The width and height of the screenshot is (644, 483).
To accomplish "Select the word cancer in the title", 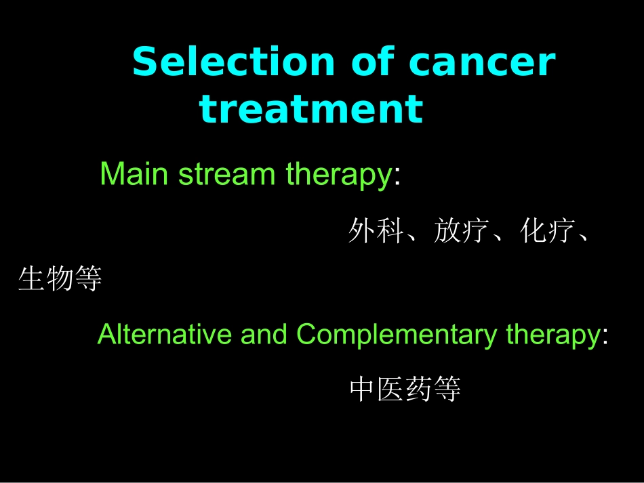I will [x=482, y=62].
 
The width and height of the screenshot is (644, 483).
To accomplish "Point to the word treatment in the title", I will [x=311, y=109].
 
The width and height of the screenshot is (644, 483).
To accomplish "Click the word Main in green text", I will [x=134, y=175].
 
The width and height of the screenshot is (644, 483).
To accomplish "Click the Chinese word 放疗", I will [x=462, y=232].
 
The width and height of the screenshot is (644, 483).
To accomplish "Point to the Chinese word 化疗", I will [x=548, y=232].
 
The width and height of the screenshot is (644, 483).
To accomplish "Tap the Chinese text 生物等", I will [x=60, y=278].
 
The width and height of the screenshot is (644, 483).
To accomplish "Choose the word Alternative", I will [x=165, y=335].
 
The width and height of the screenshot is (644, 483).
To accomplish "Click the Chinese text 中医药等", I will [x=405, y=390].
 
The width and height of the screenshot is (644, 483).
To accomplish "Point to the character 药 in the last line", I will [x=419, y=390].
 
